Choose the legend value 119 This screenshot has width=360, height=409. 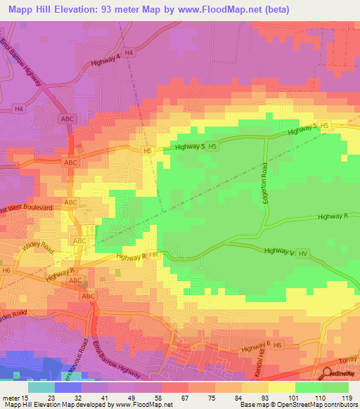click(347, 397)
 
